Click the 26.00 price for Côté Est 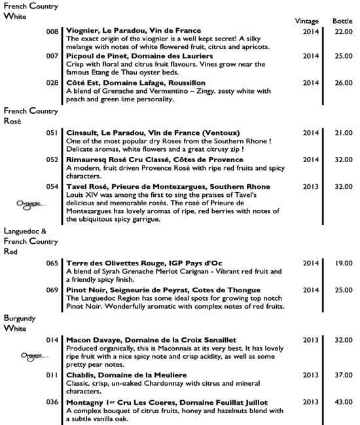click(343, 84)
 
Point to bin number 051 click(52, 133)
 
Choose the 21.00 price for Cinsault click(343, 133)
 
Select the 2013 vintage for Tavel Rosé click(311, 186)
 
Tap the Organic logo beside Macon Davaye click(30, 356)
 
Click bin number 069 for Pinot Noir click(52, 290)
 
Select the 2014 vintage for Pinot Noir click(311, 290)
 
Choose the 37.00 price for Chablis click(343, 375)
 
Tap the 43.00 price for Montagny click(343, 401)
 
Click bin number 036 click(52, 401)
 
